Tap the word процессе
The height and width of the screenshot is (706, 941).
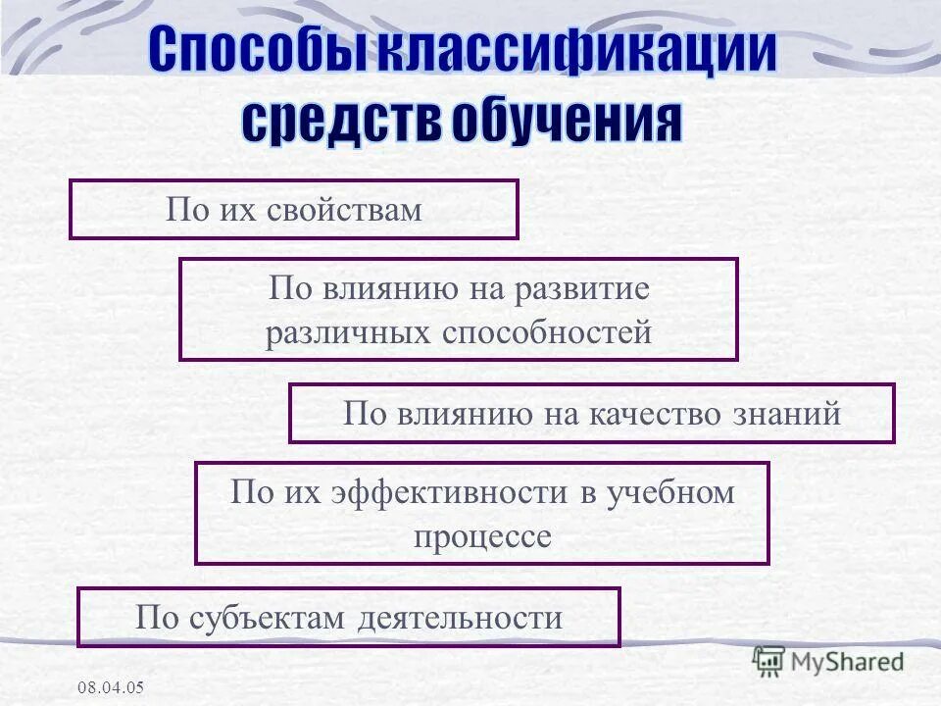(x=482, y=536)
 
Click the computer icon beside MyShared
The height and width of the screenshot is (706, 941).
(x=769, y=662)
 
